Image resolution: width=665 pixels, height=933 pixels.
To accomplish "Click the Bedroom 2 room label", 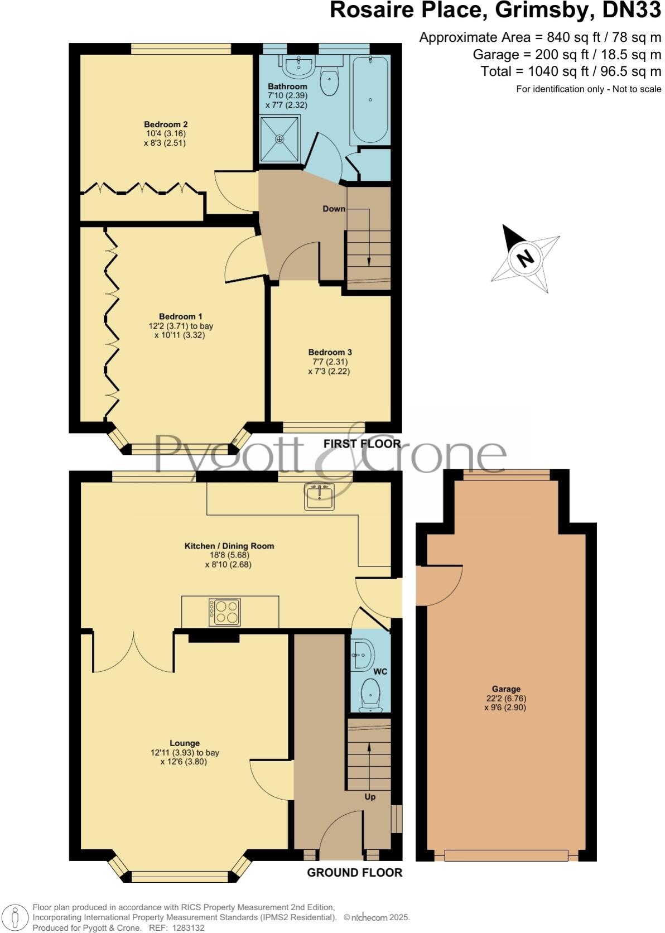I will [165, 124].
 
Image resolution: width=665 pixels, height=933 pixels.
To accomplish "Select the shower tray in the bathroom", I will [280, 138].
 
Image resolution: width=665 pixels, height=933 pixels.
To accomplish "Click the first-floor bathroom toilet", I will [329, 83].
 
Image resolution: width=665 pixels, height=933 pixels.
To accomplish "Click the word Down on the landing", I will [334, 209].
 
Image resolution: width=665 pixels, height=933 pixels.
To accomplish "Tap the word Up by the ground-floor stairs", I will [370, 796].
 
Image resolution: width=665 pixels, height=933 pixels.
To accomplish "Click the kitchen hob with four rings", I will [224, 612].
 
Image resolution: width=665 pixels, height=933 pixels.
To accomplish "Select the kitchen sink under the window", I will [319, 497].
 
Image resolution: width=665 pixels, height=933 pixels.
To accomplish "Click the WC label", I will [380, 671].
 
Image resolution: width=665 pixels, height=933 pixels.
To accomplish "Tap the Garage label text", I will [506, 689].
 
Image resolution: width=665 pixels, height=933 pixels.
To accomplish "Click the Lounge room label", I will [185, 743].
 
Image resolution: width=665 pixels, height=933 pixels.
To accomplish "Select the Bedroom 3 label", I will [330, 352].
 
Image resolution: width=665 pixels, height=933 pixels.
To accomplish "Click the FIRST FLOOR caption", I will [362, 444].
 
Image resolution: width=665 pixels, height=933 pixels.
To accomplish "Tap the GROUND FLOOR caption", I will [354, 872].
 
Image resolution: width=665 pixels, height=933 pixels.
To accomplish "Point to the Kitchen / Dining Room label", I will [229, 546].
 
